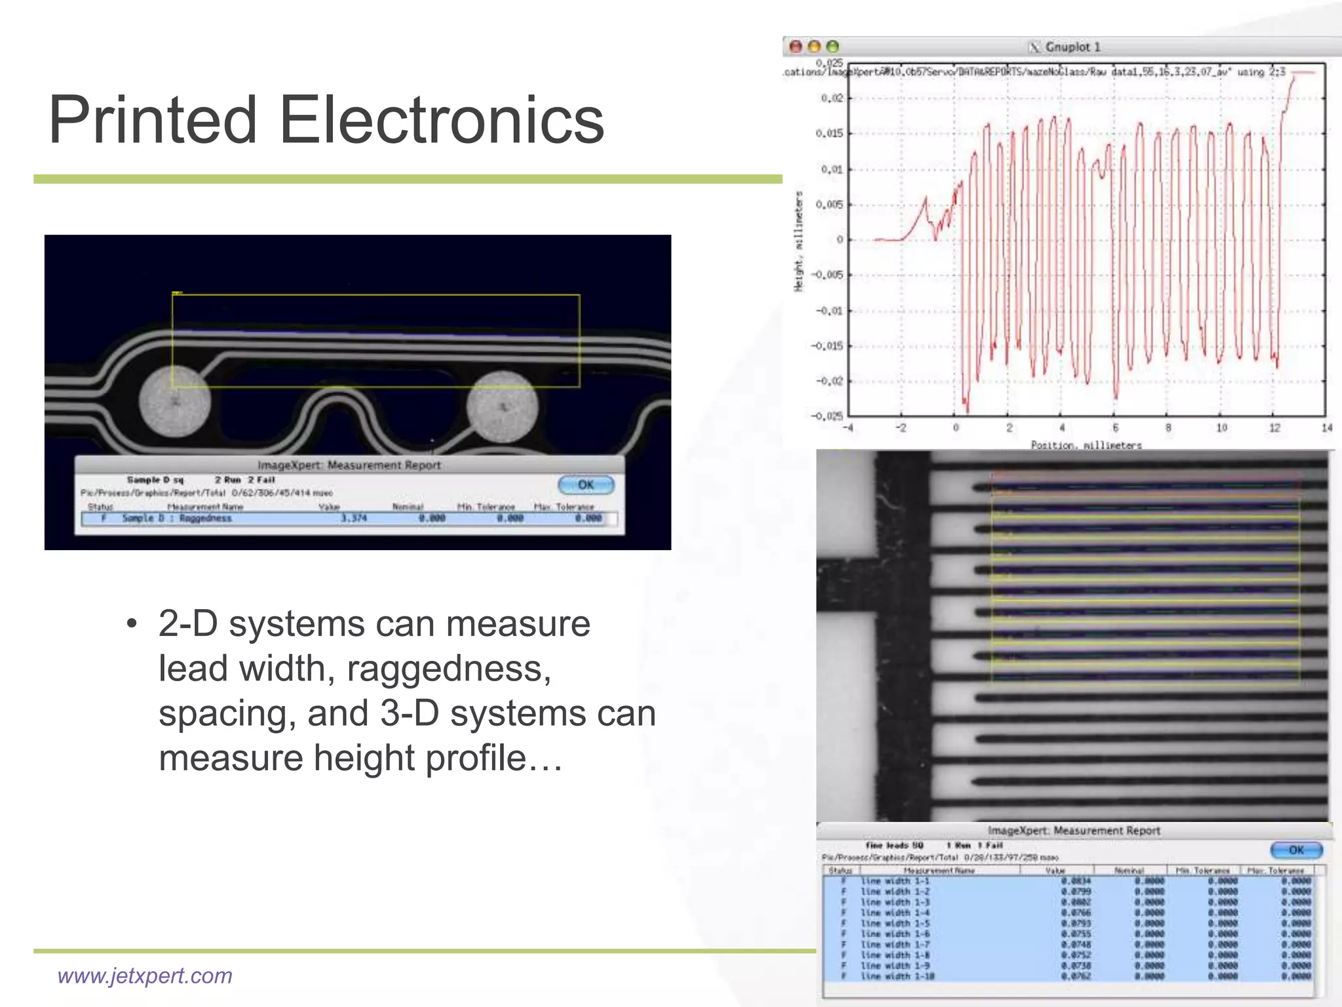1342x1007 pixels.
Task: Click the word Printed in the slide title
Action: click(x=153, y=120)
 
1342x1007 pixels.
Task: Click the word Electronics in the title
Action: click(x=442, y=120)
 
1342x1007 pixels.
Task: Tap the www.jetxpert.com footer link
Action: click(x=145, y=976)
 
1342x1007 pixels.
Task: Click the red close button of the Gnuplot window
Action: click(x=796, y=47)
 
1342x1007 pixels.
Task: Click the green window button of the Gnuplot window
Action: click(x=832, y=47)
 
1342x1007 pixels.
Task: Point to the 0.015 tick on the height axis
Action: click(x=829, y=134)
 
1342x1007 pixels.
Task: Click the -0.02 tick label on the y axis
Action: click(x=829, y=381)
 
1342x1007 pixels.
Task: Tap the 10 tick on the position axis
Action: click(x=1221, y=428)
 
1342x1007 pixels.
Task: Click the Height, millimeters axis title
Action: click(x=799, y=241)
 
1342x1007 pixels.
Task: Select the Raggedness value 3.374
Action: click(x=353, y=519)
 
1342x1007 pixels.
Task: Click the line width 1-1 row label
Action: click(x=895, y=881)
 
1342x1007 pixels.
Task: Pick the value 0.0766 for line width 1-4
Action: click(x=1076, y=913)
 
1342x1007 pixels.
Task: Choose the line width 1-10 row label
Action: click(x=897, y=976)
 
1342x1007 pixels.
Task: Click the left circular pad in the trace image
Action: click(x=175, y=401)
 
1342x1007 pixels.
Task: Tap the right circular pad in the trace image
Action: click(x=503, y=406)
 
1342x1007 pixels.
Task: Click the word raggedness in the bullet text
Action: click(x=449, y=669)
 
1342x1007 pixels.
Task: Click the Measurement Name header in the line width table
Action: click(x=938, y=871)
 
